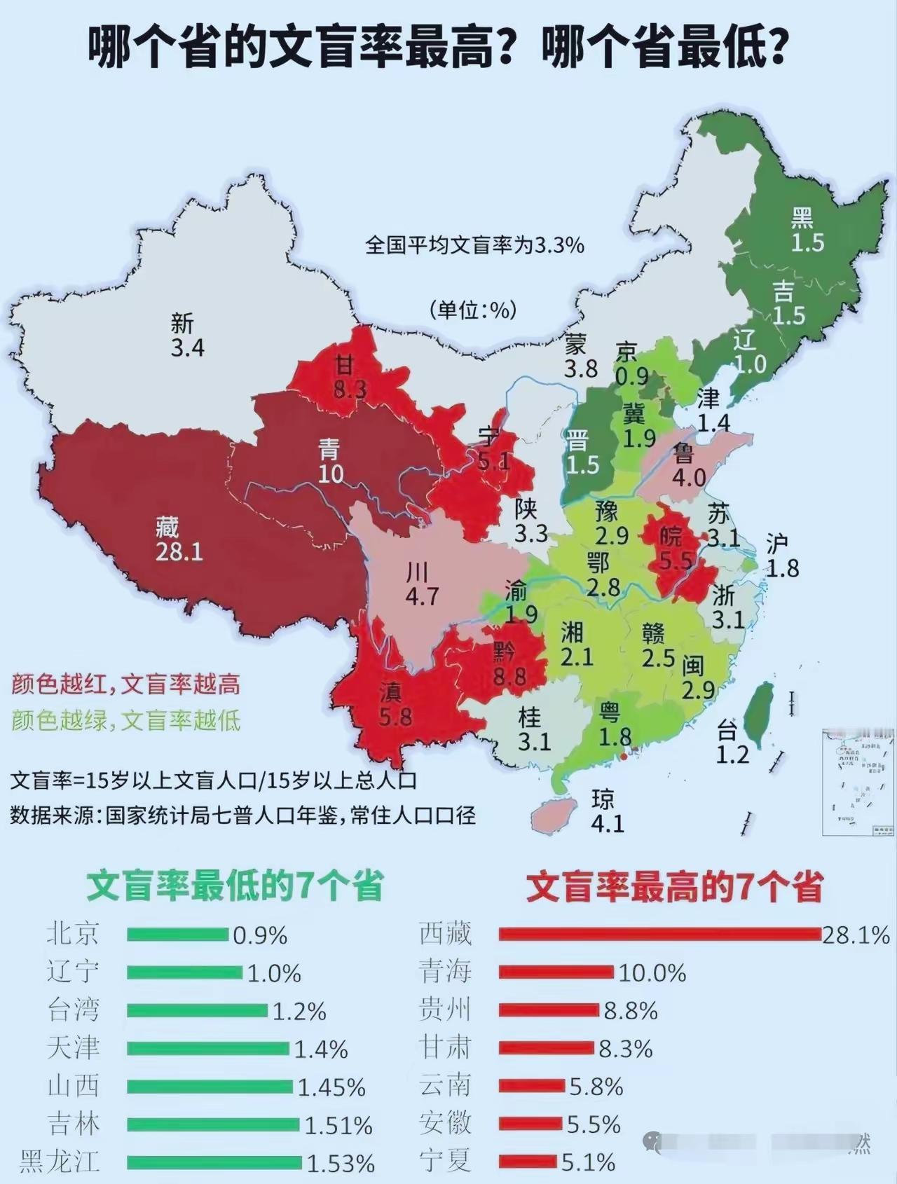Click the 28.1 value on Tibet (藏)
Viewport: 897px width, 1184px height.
(x=179, y=551)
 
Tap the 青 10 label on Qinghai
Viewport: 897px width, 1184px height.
(x=330, y=461)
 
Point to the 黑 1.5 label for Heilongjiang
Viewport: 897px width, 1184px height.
(x=807, y=230)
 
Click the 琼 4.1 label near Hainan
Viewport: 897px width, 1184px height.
(x=605, y=811)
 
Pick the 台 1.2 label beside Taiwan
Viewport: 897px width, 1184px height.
(x=732, y=743)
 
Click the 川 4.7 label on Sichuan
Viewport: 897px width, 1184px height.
(x=421, y=584)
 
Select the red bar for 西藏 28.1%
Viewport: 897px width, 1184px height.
(x=659, y=934)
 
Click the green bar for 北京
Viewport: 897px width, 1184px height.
(x=178, y=934)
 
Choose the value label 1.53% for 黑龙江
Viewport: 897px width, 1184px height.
(x=341, y=1164)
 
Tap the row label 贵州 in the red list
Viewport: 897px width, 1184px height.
(x=445, y=1010)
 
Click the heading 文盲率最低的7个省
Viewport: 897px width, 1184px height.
(x=235, y=886)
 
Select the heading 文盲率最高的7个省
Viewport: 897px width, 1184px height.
(x=674, y=888)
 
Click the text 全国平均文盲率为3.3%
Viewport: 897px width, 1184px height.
(x=474, y=245)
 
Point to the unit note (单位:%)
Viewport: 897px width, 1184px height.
(x=473, y=309)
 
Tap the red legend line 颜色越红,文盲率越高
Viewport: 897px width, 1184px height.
(x=126, y=684)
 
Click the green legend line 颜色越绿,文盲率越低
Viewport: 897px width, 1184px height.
(x=126, y=720)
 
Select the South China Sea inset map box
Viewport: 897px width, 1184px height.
(x=859, y=781)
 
